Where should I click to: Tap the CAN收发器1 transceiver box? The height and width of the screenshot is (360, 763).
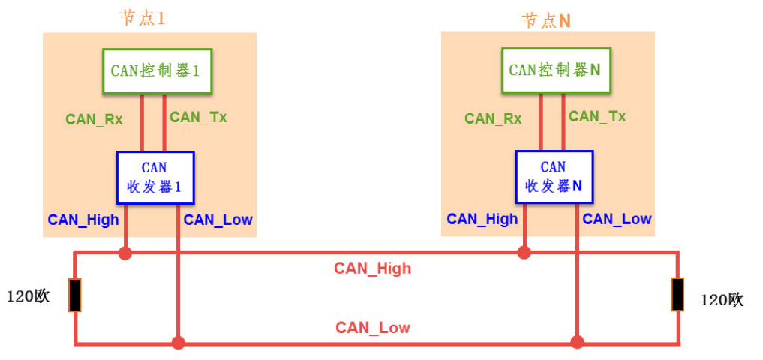coord(155,177)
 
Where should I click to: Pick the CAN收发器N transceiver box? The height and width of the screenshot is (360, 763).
coord(554,177)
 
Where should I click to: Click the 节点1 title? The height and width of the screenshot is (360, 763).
coord(142,18)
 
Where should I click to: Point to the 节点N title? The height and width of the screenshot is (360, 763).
coord(546,20)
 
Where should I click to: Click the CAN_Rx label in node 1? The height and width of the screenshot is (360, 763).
coord(94,118)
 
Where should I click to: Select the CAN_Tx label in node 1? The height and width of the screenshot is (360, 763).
coord(198,117)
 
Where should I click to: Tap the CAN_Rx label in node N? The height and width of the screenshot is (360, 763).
coord(493,118)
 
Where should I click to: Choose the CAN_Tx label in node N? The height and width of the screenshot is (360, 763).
coord(597,117)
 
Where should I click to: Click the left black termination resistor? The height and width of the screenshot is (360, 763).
coord(75,295)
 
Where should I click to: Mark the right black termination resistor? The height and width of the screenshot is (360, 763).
coord(678,294)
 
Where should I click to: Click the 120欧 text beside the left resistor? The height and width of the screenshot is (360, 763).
coord(29,296)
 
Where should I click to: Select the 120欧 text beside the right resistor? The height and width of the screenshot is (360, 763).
coord(722,300)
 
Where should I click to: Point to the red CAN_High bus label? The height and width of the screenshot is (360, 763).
coord(373,268)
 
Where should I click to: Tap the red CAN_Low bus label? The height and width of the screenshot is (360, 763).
coord(373,328)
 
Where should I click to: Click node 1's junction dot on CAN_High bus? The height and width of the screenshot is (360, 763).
coord(125,253)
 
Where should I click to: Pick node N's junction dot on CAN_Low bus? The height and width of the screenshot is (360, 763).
coord(577,343)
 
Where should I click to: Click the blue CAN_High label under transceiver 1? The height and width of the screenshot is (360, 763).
coord(83,220)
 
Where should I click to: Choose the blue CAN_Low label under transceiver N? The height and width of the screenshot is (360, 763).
coord(617,219)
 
